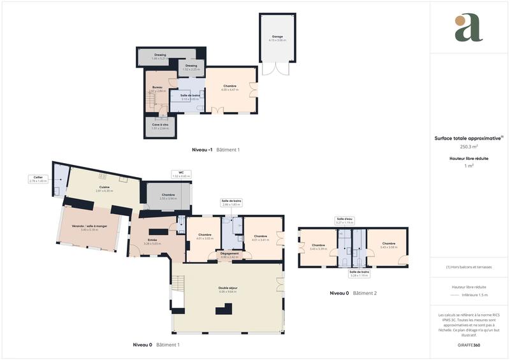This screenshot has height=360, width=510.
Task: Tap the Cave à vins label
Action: coord(159,126)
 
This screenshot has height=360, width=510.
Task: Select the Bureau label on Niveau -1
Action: coord(157,89)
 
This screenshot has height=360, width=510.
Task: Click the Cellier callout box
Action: coord(38,179)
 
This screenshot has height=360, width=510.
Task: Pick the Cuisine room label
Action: coord(104,189)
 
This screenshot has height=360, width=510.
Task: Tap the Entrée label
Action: coord(152,241)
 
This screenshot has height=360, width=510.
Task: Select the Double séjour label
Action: coord(228,289)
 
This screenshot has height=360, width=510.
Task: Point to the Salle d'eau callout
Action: coord(344,221)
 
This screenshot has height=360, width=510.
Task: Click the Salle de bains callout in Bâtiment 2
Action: coord(360,274)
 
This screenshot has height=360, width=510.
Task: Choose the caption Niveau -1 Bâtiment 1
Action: coord(215,150)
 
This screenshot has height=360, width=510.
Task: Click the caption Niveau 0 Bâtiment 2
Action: coord(353,292)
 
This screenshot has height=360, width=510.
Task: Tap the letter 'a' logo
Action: coord(469,27)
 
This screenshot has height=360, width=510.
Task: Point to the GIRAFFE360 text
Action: coord(469,343)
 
